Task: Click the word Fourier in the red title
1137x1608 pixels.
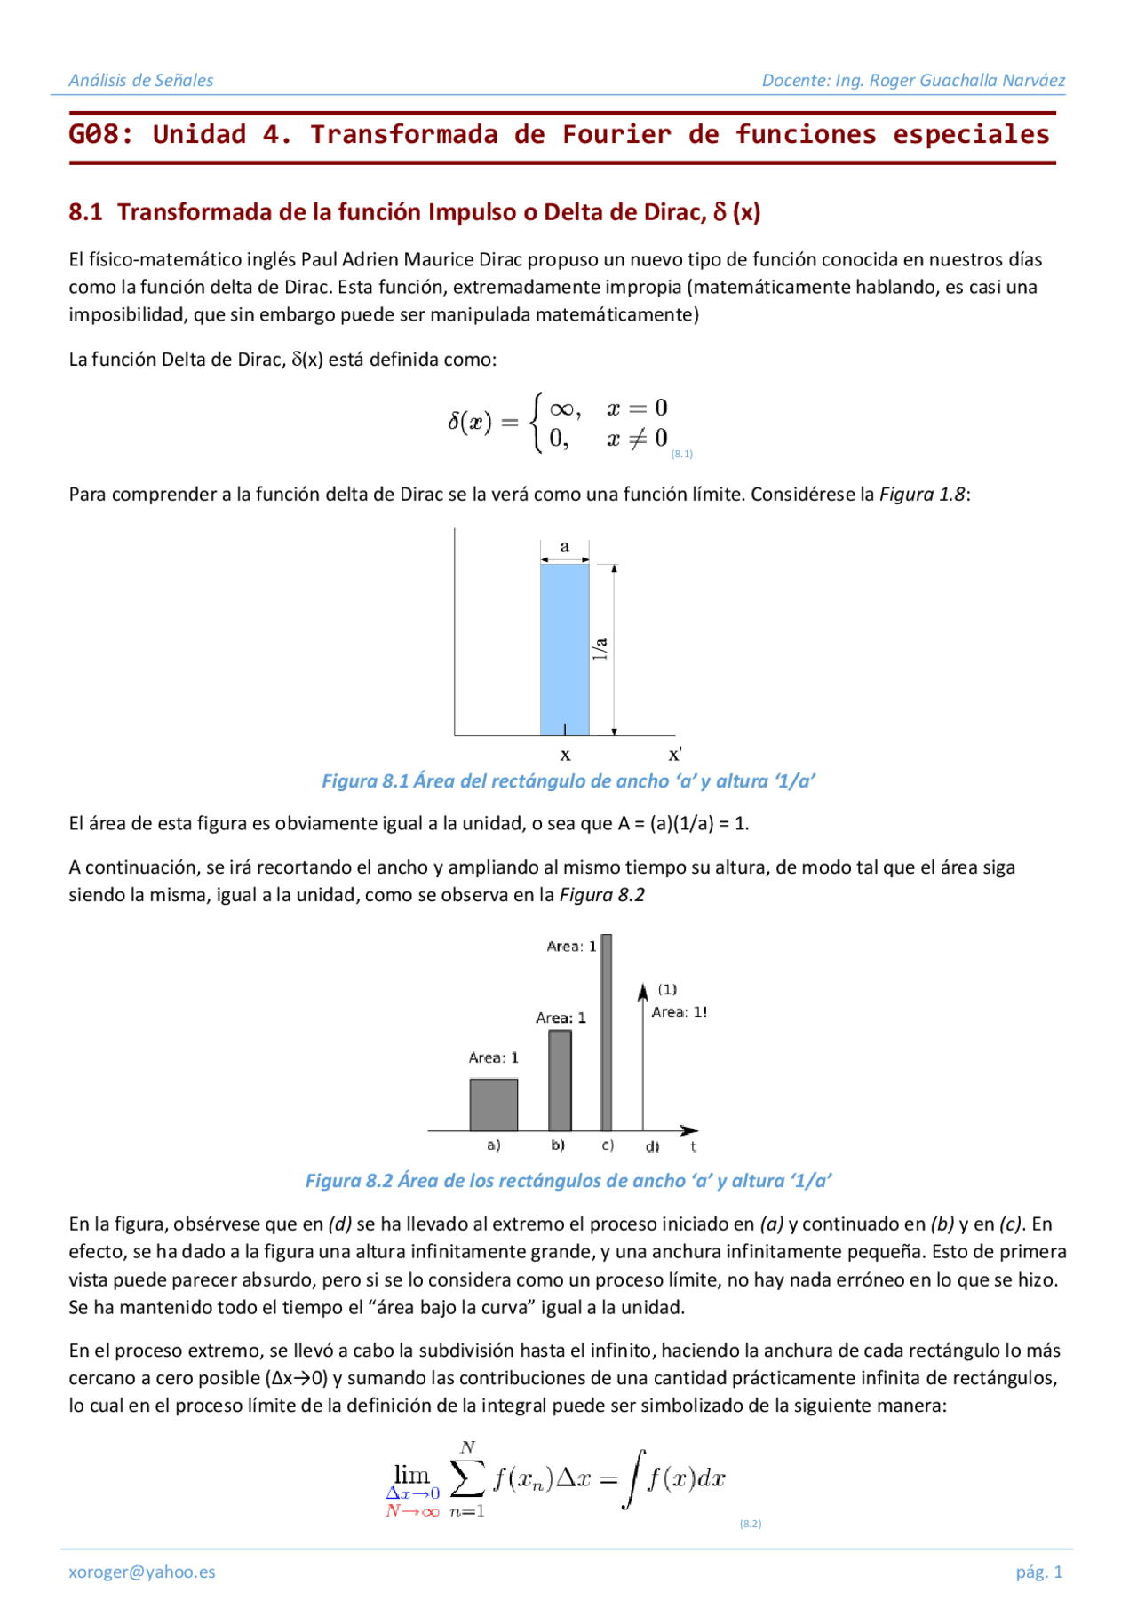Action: click(616, 135)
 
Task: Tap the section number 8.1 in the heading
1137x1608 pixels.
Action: click(85, 212)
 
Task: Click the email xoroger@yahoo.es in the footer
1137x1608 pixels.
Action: click(142, 1572)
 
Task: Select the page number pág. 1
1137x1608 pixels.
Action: click(1038, 1572)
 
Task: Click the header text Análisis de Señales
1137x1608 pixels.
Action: click(141, 80)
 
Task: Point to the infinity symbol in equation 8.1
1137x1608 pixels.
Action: click(561, 408)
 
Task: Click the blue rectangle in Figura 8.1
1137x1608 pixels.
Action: click(564, 648)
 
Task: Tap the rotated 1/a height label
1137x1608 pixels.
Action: click(600, 648)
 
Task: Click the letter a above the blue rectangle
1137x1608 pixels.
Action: click(564, 546)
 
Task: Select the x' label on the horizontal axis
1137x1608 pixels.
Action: click(675, 755)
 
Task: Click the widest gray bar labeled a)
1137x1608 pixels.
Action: click(494, 1105)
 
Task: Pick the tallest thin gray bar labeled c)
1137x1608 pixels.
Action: click(607, 1030)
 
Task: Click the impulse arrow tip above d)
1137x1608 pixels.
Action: click(643, 990)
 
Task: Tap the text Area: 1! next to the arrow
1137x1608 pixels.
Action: click(680, 1011)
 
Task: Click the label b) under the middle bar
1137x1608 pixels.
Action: click(558, 1145)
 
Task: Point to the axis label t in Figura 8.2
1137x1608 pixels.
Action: click(693, 1146)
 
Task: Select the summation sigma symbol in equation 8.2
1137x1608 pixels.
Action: click(467, 1478)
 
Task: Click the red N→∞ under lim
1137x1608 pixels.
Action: click(412, 1511)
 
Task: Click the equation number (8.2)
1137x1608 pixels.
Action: click(751, 1524)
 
